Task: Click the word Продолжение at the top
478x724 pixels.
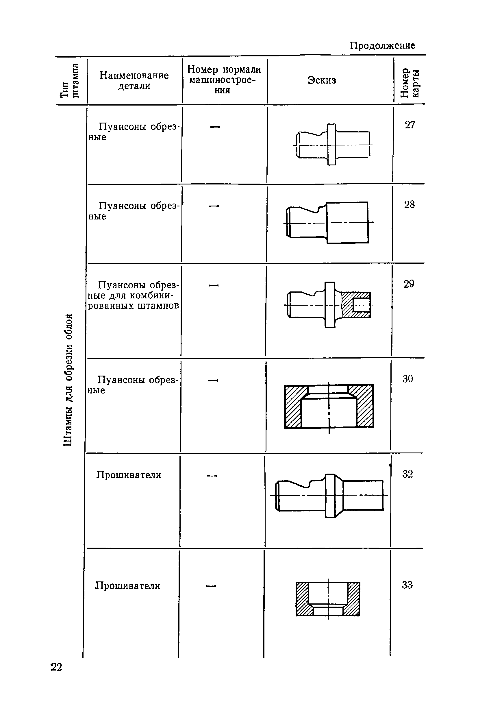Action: point(382,46)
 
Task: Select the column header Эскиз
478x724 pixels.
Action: point(322,80)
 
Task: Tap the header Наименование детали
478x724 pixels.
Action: point(134,80)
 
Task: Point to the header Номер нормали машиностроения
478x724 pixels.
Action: point(224,80)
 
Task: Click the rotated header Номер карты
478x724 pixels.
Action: point(410,83)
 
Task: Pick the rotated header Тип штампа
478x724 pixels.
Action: point(70,81)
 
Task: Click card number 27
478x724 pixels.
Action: point(410,125)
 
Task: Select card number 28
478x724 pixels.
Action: point(410,204)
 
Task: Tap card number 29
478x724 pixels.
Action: point(409,284)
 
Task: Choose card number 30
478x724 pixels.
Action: point(407,379)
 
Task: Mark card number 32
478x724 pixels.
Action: point(407,474)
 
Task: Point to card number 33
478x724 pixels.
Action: point(407,585)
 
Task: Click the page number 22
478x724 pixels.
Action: point(56,667)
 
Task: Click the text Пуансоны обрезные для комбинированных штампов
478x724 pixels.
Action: point(134,295)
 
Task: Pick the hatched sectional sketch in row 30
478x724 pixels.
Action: point(329,406)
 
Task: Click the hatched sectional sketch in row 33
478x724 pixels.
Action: point(328,599)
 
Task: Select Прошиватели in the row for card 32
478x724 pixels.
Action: point(129,475)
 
